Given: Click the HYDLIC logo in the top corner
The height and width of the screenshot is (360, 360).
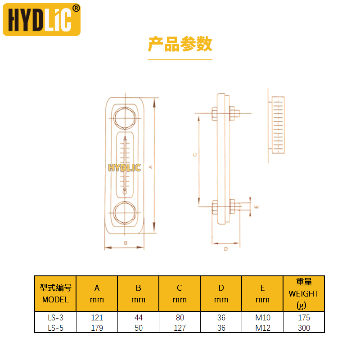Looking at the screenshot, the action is (41, 19).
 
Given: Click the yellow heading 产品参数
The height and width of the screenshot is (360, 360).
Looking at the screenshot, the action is (180, 44).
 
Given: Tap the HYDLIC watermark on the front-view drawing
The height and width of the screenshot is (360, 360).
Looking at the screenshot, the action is (124, 168).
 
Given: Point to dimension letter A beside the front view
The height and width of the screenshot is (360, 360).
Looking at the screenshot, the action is (151, 167).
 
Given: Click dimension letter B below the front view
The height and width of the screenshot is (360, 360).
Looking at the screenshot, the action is (126, 243).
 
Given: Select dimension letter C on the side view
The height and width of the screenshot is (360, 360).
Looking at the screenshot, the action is (195, 155).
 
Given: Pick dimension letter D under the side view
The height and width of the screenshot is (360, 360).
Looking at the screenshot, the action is (226, 249).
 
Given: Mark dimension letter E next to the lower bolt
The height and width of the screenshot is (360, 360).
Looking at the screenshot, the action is (256, 207).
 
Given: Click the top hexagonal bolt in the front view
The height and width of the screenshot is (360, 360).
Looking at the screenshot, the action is (125, 118).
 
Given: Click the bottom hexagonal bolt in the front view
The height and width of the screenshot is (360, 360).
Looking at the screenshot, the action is (125, 213).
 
